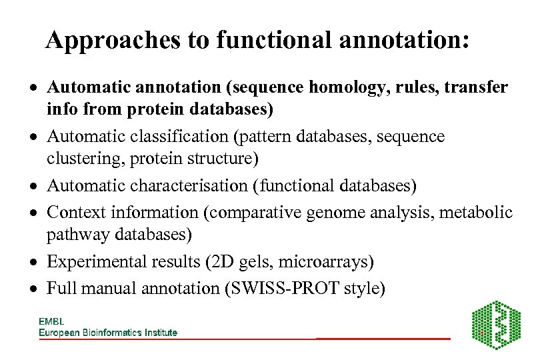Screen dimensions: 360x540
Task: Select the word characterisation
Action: coord(186,186)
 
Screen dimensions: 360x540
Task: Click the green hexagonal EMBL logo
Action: coord(496,325)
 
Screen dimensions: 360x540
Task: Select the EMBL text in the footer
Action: coord(51,321)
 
